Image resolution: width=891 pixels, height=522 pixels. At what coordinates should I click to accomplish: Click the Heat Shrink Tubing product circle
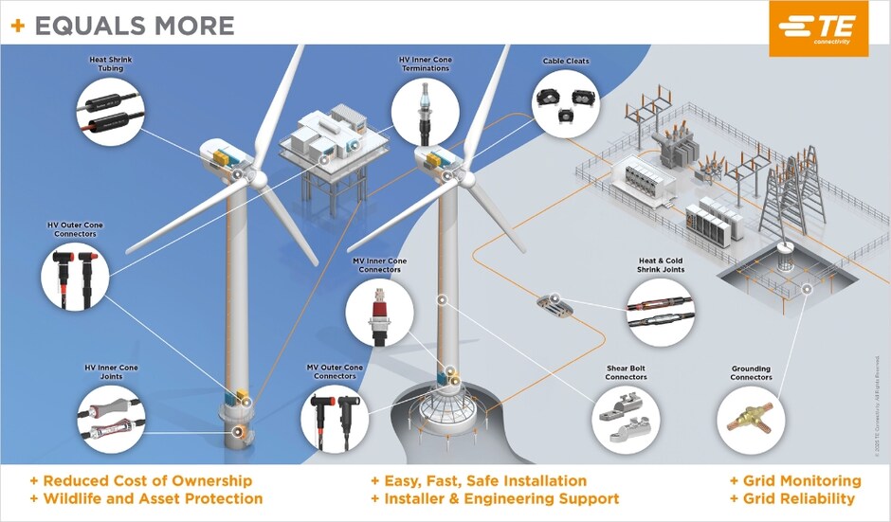pos(112,113)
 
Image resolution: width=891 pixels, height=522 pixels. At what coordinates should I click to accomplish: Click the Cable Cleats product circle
pos(566,104)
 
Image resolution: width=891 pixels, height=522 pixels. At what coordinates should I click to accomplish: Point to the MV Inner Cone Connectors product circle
pos(379,312)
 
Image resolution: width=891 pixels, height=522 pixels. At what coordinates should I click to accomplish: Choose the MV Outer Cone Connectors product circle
pos(334,418)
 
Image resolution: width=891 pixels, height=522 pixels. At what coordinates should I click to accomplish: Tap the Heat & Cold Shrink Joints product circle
pos(661,312)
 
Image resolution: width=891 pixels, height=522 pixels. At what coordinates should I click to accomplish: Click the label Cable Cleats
pos(566,62)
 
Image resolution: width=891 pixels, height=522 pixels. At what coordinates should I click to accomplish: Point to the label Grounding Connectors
pos(751,373)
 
